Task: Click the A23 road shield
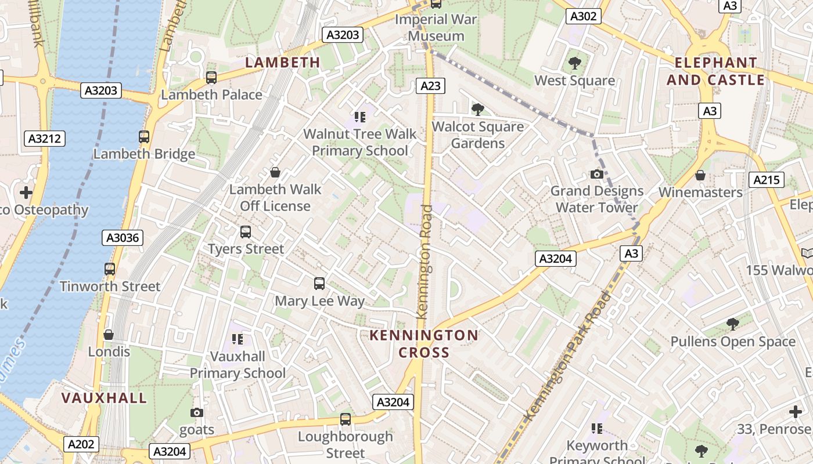(430, 86)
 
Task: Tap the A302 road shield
(583, 16)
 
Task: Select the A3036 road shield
(124, 237)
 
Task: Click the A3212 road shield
(44, 139)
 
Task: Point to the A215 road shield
(766, 180)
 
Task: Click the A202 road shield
(81, 444)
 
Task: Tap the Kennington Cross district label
(424, 343)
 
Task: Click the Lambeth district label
(283, 62)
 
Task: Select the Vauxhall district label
(104, 398)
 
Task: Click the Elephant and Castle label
(715, 71)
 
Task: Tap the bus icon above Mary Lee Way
(319, 284)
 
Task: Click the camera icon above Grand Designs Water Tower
(596, 174)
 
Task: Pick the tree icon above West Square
(575, 63)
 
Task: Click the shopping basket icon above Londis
(109, 335)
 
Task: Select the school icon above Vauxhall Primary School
(237, 339)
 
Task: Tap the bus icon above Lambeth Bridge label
(144, 137)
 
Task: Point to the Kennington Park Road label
(568, 357)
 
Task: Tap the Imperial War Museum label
(436, 27)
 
